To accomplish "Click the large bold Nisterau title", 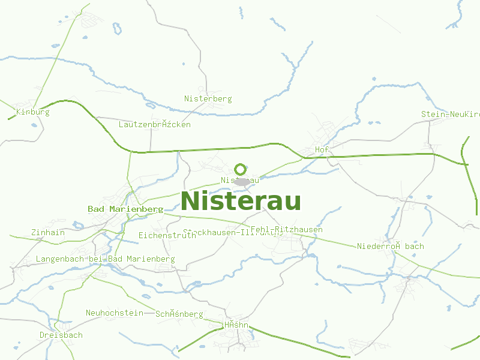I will click(x=241, y=201).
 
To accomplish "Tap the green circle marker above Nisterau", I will click(x=241, y=169).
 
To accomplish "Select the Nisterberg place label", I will click(x=208, y=98).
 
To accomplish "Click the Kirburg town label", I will click(x=33, y=112).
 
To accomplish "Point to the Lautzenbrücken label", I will click(x=155, y=124).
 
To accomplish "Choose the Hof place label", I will click(x=322, y=149).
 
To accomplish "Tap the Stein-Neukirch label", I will click(x=451, y=114).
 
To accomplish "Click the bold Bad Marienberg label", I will click(x=125, y=209).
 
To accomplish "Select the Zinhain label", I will click(x=48, y=232).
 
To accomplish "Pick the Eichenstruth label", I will click(x=167, y=235).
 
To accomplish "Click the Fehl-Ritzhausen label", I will click(x=286, y=229).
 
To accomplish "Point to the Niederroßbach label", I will click(x=390, y=246).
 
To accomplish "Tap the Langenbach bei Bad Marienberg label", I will click(x=105, y=259).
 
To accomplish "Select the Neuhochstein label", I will click(x=115, y=313).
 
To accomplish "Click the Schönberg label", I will click(x=179, y=314).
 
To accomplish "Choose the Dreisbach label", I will click(x=61, y=335).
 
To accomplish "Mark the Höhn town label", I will click(x=236, y=325).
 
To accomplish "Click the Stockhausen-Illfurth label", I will click(x=232, y=232).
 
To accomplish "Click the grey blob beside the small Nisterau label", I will click(x=242, y=180).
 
